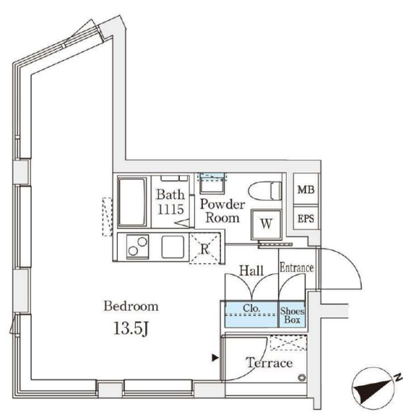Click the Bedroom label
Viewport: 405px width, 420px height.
coord(131,306)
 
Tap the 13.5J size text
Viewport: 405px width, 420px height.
coord(131,328)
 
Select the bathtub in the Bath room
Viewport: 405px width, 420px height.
coord(132,202)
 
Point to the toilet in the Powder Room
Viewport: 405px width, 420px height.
coord(265,191)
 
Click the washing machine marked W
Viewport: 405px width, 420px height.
coord(266,224)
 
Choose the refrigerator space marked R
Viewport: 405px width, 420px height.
coord(205,249)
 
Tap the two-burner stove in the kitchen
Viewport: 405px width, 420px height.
coord(138,246)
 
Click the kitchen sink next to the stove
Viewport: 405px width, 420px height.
coord(173,247)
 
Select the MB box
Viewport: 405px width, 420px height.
coord(306,189)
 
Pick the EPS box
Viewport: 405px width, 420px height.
coord(306,218)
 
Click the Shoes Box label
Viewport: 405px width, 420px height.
coord(292,315)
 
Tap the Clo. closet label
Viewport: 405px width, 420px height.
coord(251,308)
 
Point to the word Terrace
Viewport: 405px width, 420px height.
coord(269,363)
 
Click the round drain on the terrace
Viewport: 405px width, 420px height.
coord(302,377)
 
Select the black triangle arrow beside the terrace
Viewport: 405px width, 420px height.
coord(215,358)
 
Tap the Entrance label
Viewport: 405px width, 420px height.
coord(297,268)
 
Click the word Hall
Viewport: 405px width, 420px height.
coord(251,271)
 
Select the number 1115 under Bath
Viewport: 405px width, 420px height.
coord(170,209)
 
